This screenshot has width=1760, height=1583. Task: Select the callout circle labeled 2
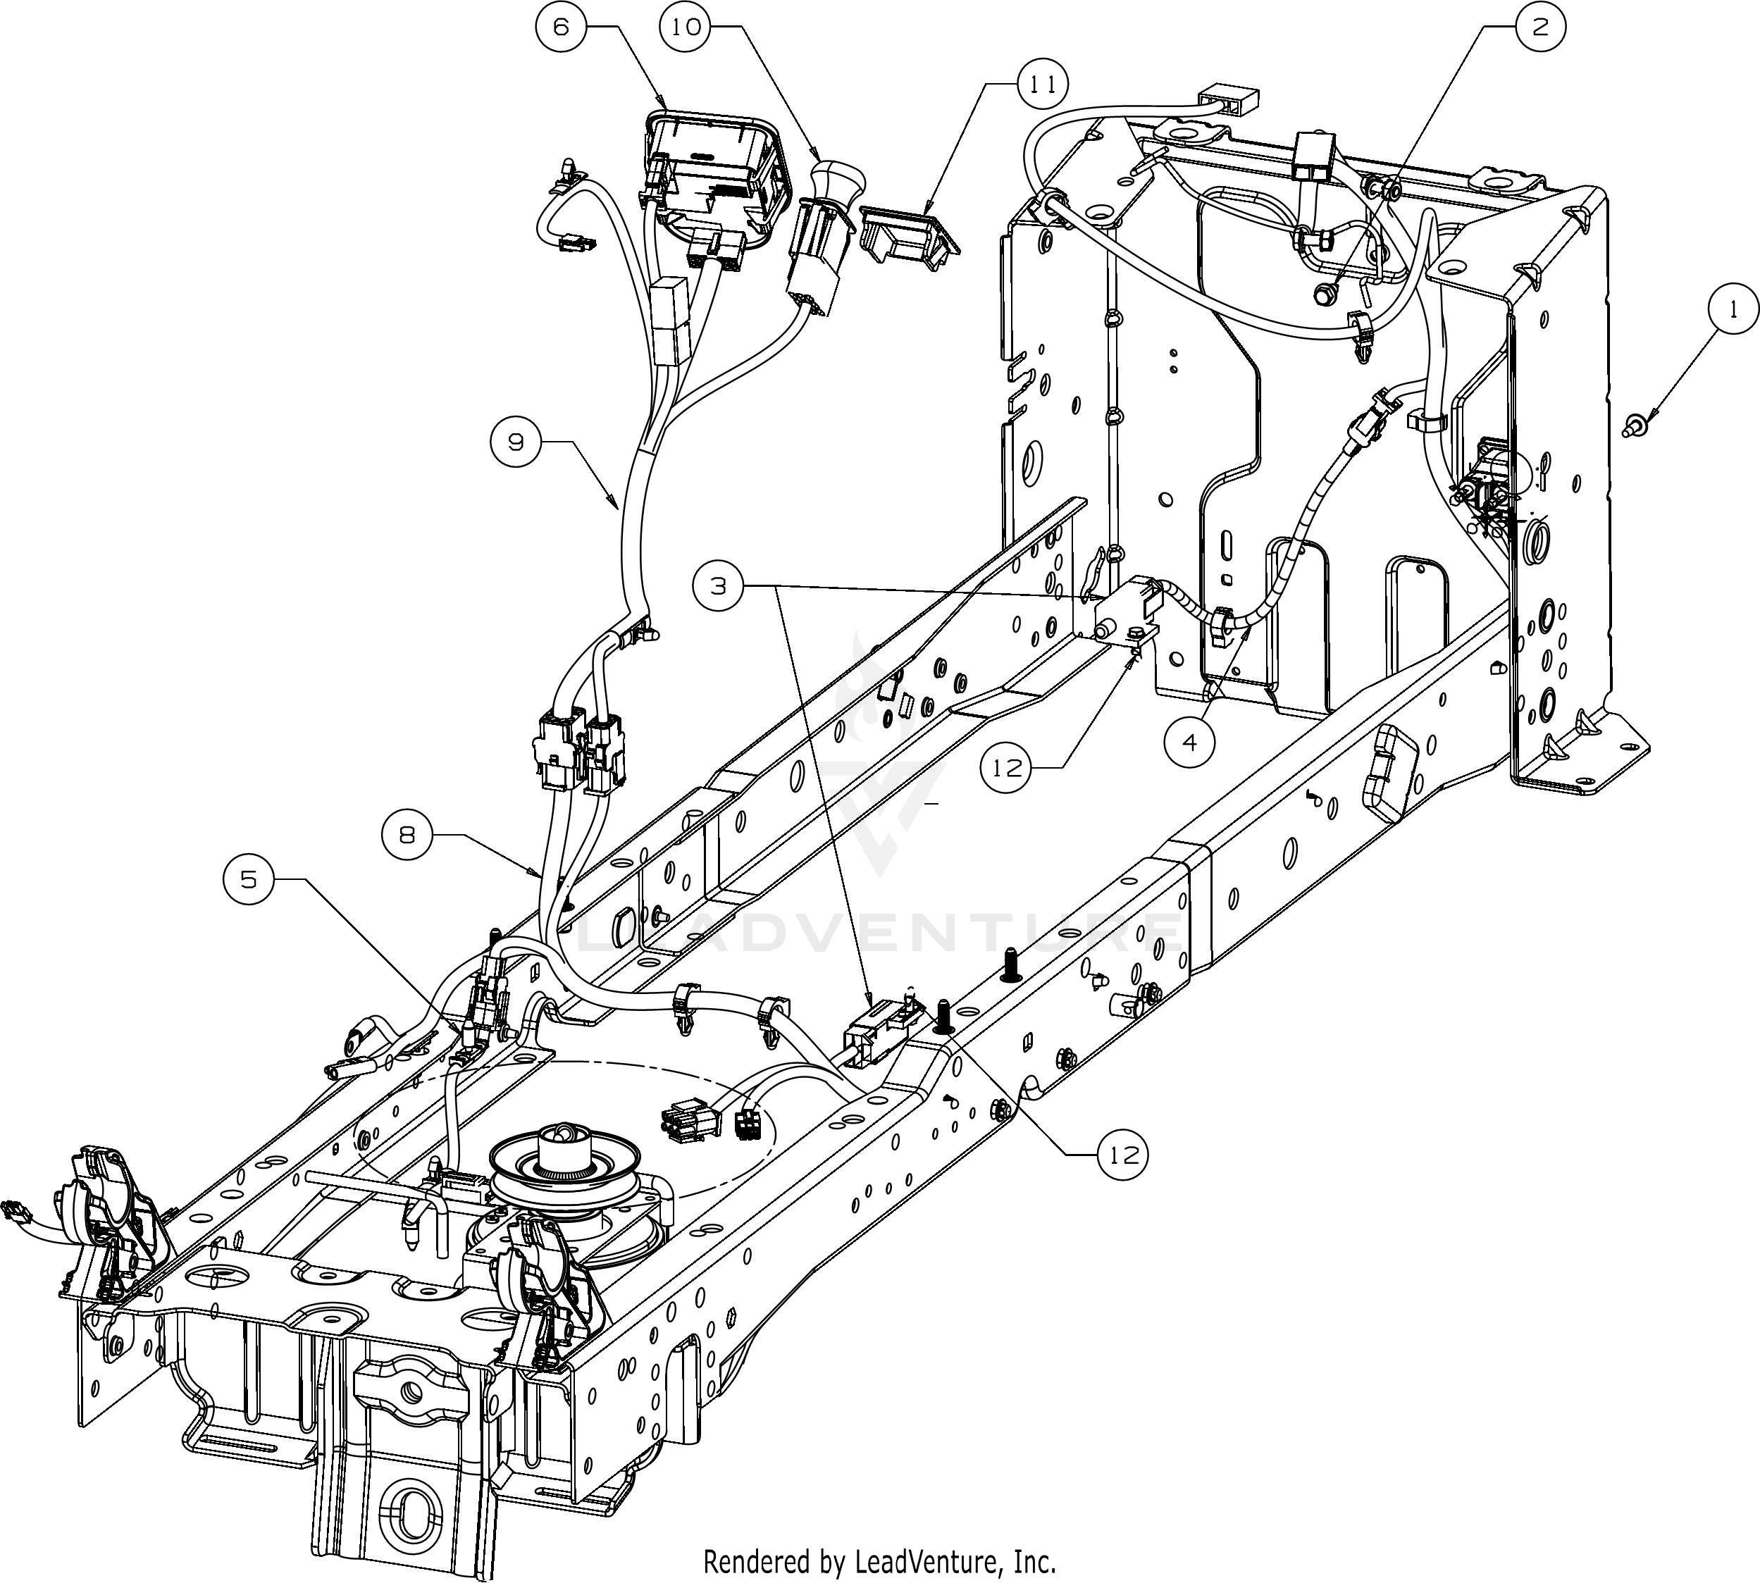(x=1541, y=27)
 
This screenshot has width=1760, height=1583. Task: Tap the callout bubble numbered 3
(x=719, y=586)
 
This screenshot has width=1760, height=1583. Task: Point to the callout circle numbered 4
(x=1190, y=742)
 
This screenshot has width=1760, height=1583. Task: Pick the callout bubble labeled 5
(x=249, y=879)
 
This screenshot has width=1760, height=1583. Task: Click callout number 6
(x=561, y=27)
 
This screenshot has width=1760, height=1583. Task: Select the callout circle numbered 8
(x=407, y=835)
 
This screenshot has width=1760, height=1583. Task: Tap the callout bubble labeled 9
(x=516, y=442)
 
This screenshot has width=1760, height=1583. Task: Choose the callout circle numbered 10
(x=686, y=27)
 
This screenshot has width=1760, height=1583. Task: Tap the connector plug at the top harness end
(x=1227, y=99)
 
